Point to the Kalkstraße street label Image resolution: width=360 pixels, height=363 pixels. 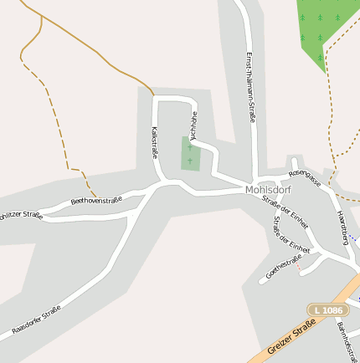(155, 143)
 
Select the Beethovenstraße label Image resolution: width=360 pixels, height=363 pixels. (96, 200)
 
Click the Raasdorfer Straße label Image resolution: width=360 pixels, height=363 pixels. (37, 320)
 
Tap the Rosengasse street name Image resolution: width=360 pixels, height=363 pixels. (305, 177)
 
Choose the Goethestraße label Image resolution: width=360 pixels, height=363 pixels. (283, 265)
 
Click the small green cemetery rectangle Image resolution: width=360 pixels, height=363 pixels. (191, 153)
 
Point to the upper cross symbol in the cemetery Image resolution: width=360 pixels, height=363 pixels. (190, 147)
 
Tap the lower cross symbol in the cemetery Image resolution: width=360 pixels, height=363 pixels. (190, 160)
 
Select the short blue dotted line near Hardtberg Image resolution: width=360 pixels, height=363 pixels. (354, 239)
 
